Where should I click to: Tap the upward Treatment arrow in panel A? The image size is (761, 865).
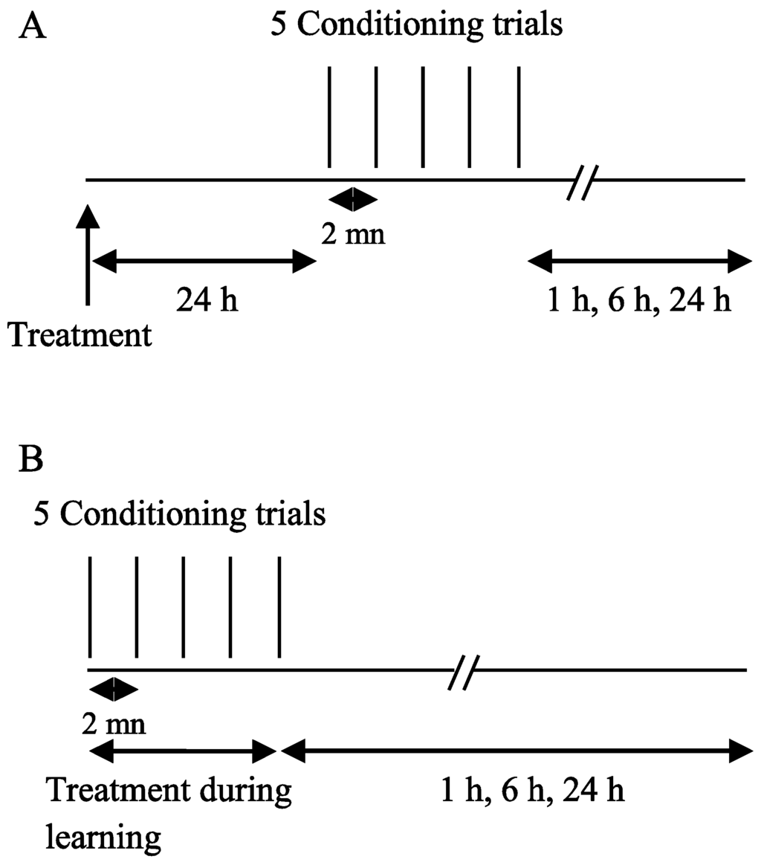[88, 253]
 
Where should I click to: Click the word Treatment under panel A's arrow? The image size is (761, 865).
[80, 336]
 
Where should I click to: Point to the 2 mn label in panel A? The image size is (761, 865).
[354, 236]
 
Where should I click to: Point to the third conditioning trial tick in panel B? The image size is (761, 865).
[184, 606]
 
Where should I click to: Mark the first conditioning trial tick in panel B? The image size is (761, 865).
[89, 606]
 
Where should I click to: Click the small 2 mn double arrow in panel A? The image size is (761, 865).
[354, 199]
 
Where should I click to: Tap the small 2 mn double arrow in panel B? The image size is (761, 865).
[113, 689]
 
